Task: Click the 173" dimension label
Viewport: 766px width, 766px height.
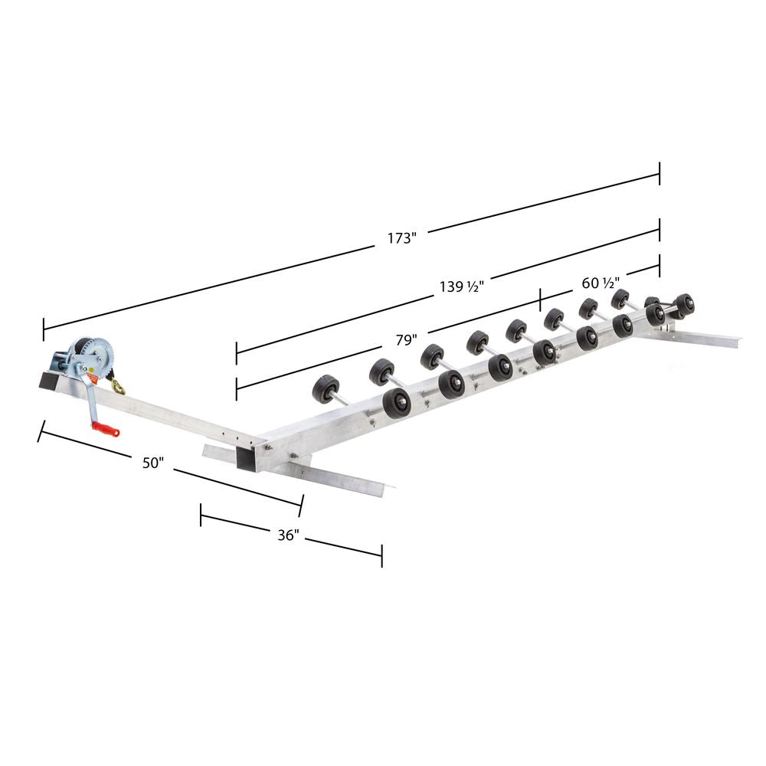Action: click(x=401, y=237)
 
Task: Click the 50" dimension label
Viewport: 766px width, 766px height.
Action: click(x=153, y=463)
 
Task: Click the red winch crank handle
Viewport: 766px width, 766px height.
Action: click(x=106, y=430)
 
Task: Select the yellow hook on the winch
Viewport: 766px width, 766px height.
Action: click(x=118, y=386)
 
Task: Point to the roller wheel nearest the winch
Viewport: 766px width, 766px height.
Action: click(x=326, y=389)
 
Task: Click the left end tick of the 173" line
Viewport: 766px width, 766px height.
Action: click(x=44, y=329)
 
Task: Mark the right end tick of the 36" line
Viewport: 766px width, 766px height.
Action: click(x=381, y=556)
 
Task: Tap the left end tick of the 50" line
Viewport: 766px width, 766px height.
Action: click(x=39, y=431)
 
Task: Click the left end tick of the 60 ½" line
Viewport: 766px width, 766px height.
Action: click(x=541, y=300)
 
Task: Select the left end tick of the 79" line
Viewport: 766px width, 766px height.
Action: click(x=237, y=388)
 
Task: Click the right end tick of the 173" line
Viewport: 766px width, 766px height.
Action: click(x=659, y=174)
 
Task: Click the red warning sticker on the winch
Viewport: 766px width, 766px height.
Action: click(x=90, y=377)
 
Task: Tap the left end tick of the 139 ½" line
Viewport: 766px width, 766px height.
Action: click(x=237, y=353)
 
